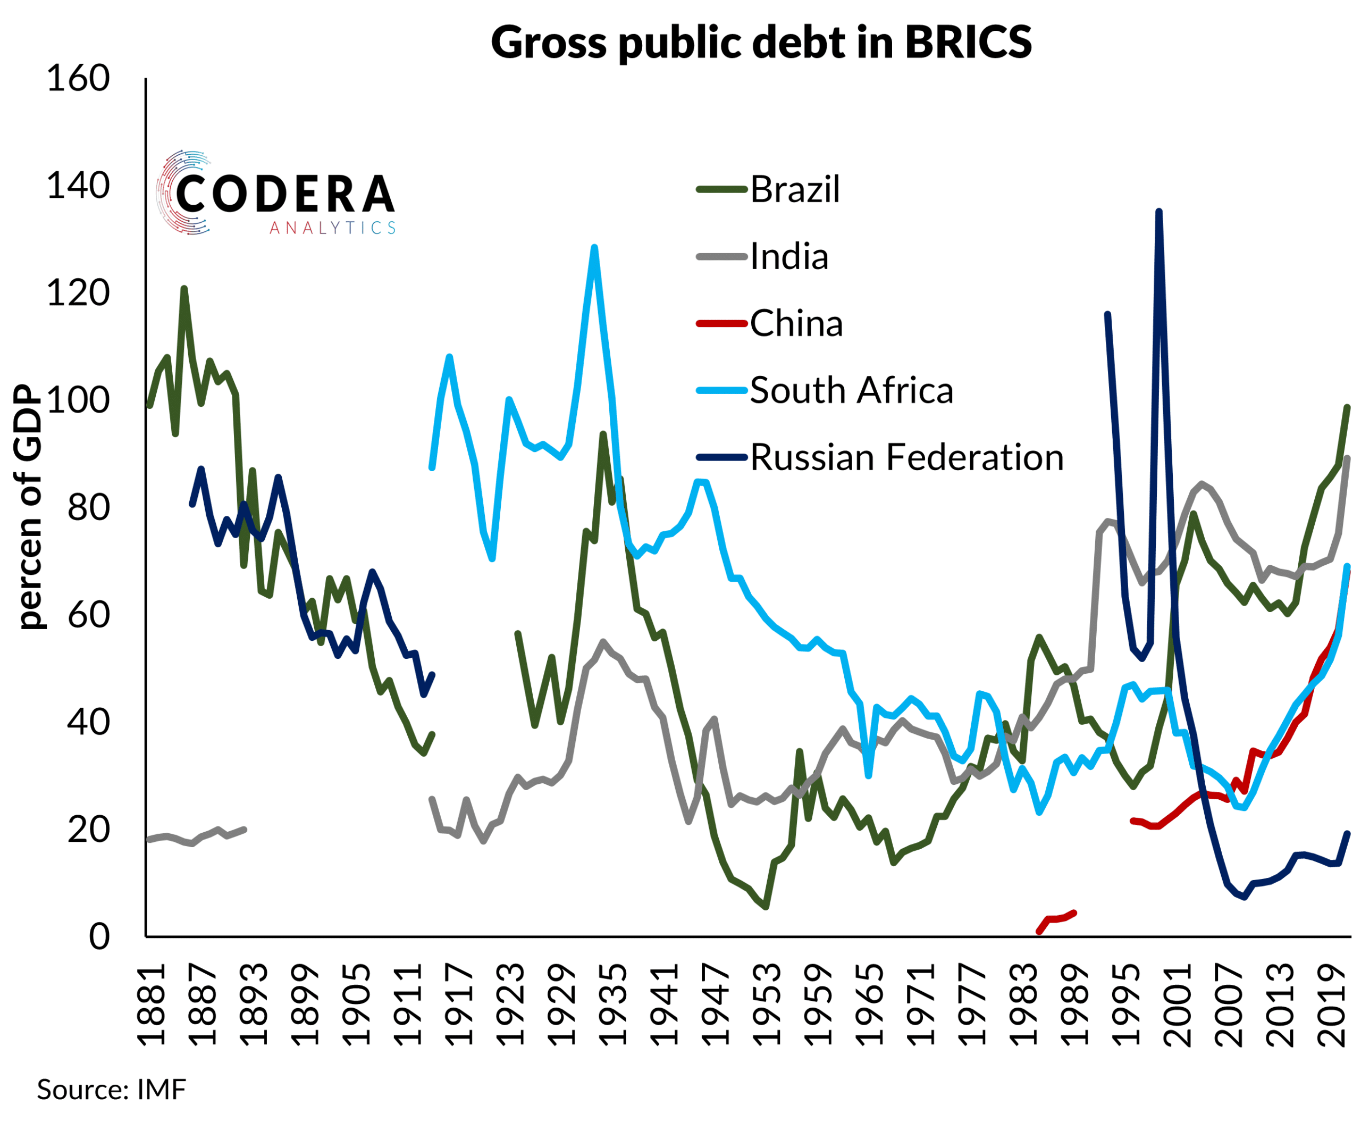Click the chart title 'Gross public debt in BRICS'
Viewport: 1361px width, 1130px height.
761,43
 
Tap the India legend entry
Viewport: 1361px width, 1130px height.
789,257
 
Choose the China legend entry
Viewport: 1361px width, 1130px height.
796,323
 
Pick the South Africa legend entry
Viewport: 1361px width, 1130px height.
851,390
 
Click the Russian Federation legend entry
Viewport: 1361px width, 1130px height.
906,457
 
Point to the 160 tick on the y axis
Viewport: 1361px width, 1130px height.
78,79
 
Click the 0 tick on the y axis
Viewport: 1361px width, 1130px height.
99,937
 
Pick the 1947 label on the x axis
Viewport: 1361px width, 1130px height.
716,1006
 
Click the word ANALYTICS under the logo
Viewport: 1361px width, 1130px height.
332,228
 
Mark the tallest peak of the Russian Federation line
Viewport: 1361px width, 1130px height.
1159,212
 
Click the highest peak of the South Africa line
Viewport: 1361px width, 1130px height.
594,248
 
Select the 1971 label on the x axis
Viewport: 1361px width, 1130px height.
920,1006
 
